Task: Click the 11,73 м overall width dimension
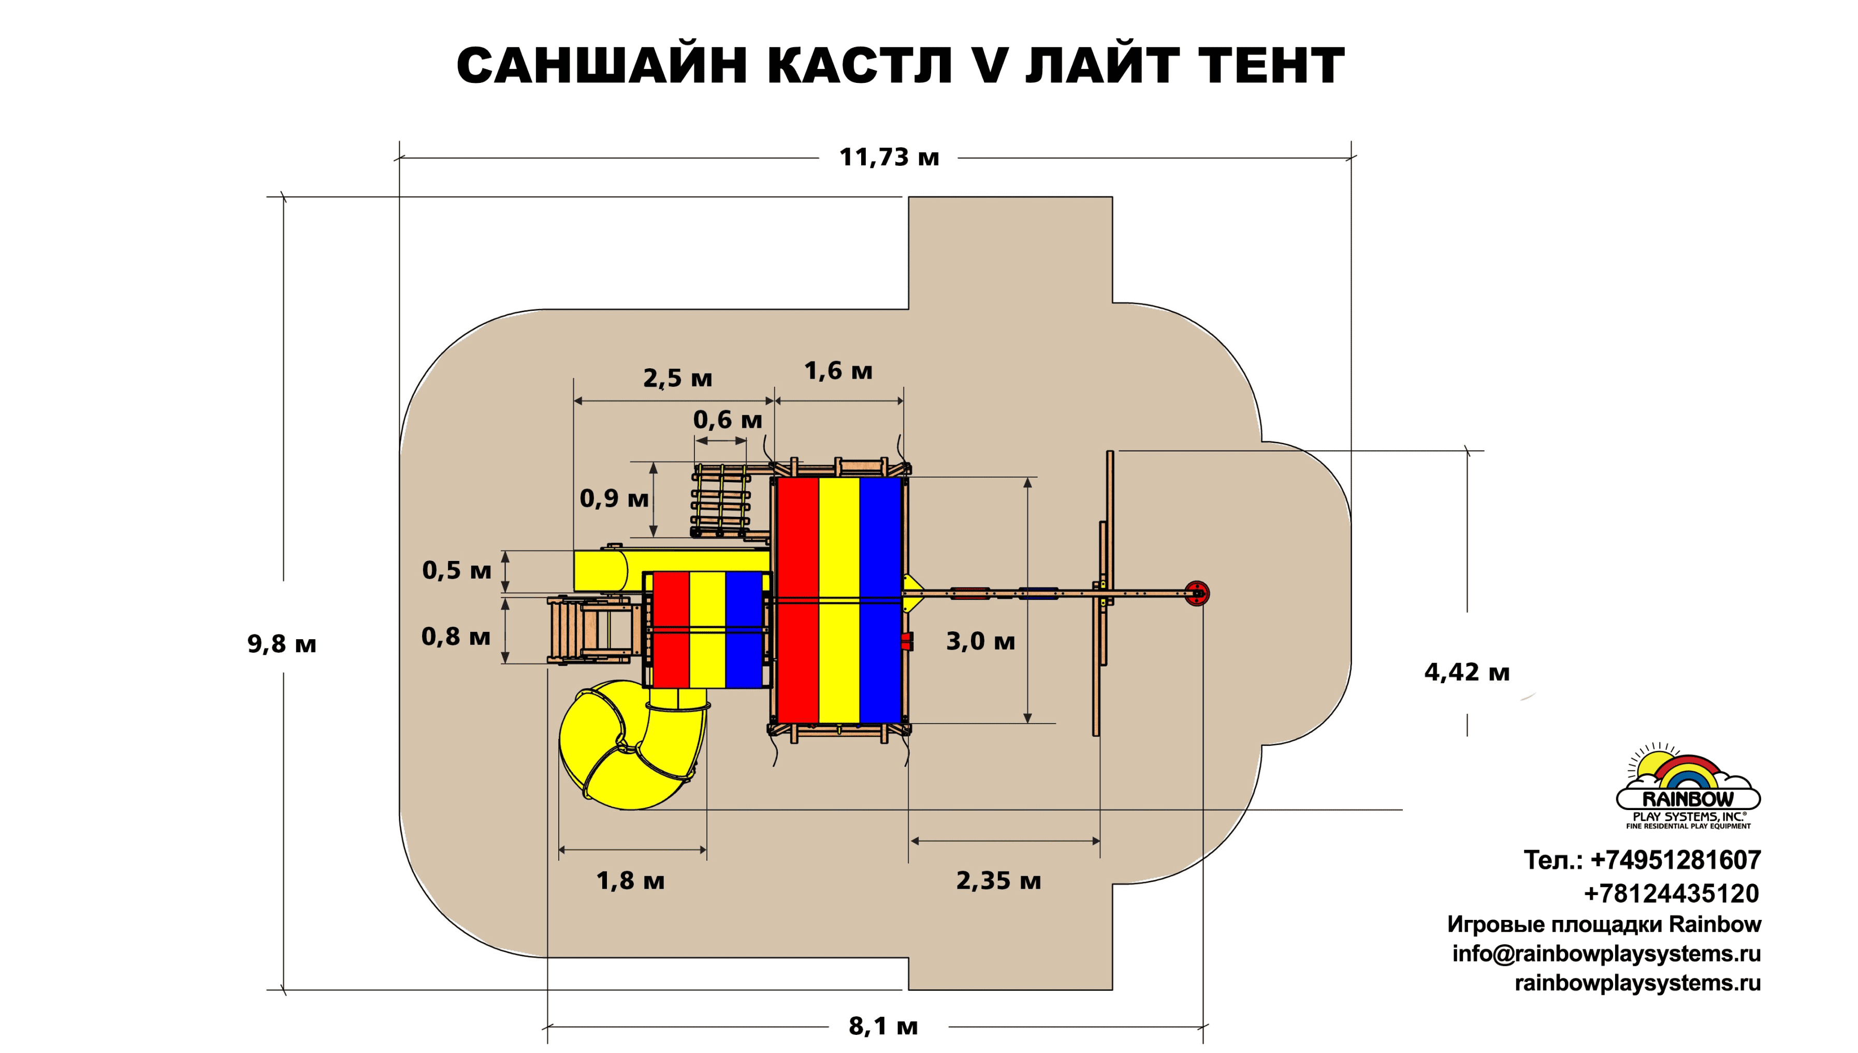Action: coord(889,157)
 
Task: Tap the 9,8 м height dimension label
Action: coord(282,644)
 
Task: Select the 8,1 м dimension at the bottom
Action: coord(883,1026)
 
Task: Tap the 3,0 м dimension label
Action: coord(980,641)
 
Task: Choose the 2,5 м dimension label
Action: coord(677,378)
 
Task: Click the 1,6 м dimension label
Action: coord(838,371)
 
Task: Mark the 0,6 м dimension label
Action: coord(727,420)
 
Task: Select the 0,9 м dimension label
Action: coord(614,498)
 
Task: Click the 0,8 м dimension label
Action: coord(456,637)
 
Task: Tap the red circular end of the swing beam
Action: coord(1197,594)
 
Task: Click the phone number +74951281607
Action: coord(1676,860)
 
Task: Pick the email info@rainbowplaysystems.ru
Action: coord(1606,954)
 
